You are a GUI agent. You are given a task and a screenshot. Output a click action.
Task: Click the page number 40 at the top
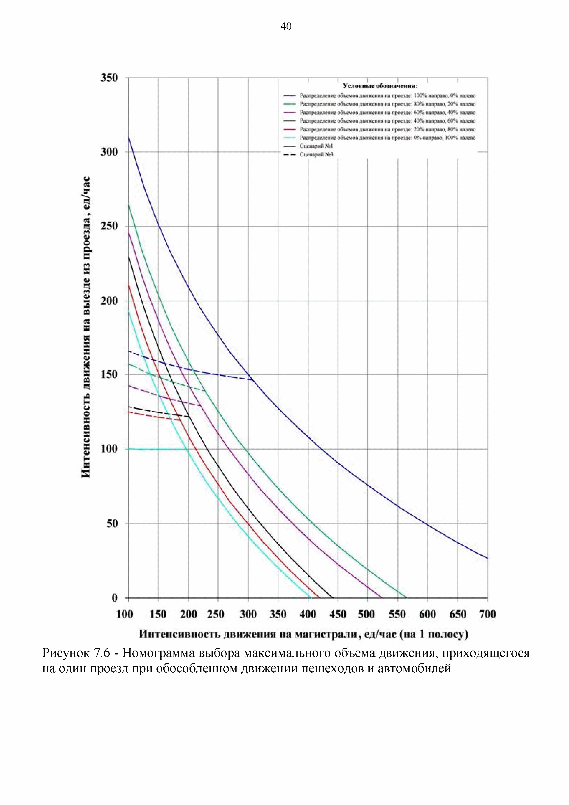pyautogui.click(x=286, y=27)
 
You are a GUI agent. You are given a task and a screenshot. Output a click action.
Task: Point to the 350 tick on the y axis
pyautogui.click(x=109, y=78)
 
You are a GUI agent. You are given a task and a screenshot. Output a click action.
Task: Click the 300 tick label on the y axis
pyautogui.click(x=109, y=152)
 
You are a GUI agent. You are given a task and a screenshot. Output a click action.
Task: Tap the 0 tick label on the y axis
pyautogui.click(x=115, y=598)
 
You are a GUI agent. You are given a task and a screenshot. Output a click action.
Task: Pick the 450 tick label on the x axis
pyautogui.click(x=337, y=614)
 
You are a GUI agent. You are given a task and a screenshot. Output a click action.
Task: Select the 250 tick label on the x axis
pyautogui.click(x=215, y=614)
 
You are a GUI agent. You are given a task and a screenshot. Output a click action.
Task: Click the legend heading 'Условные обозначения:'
pyautogui.click(x=380, y=86)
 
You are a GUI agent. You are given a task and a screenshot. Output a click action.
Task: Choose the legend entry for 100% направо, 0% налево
pyautogui.click(x=387, y=95)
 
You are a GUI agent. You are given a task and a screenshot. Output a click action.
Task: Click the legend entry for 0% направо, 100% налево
pyautogui.click(x=387, y=138)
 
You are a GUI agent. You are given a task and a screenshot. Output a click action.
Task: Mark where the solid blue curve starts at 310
pyautogui.click(x=129, y=137)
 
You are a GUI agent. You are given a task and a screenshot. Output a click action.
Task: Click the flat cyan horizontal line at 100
pyautogui.click(x=158, y=449)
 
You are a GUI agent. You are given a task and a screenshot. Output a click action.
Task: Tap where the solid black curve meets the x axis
pyautogui.click(x=332, y=597)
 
